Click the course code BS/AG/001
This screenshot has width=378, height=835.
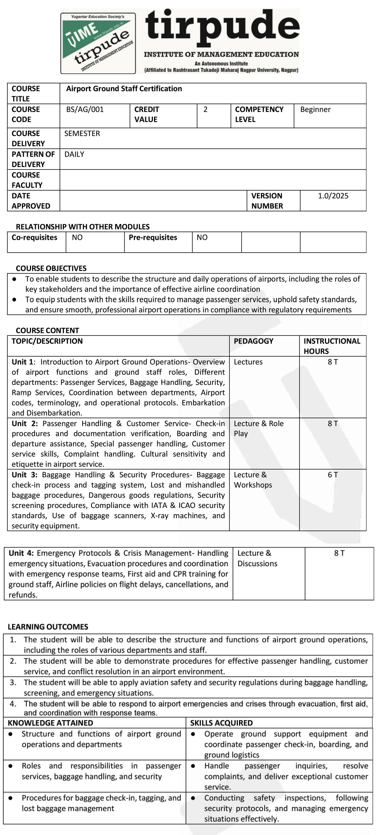(x=85, y=109)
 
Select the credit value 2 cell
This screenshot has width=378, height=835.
(x=205, y=109)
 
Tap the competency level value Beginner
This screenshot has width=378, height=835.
(x=315, y=109)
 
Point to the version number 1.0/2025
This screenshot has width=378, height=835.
(x=333, y=196)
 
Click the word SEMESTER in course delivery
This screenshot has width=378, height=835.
(x=82, y=133)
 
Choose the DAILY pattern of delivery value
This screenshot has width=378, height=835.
(x=74, y=154)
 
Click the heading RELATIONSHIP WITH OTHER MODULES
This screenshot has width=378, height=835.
(x=83, y=227)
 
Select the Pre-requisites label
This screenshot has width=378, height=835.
(x=153, y=237)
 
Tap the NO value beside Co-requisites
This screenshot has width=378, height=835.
(x=77, y=238)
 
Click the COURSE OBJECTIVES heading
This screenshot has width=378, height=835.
(x=51, y=268)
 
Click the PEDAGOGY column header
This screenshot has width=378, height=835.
(x=254, y=341)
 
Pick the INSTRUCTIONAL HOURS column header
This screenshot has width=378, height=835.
(x=332, y=346)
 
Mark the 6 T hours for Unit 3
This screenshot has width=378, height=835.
(x=333, y=475)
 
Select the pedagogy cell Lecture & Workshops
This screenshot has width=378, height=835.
(x=253, y=480)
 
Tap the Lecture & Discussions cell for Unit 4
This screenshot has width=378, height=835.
(x=257, y=558)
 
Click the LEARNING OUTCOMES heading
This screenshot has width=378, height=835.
(x=48, y=627)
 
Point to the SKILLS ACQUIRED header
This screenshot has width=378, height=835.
(x=221, y=723)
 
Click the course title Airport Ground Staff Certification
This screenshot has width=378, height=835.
(x=124, y=89)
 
